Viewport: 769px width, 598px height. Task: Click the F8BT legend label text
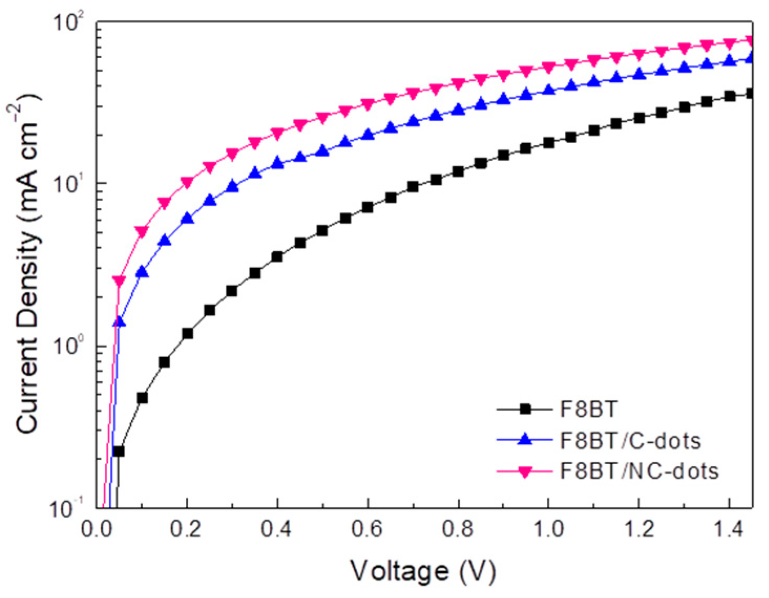click(x=588, y=409)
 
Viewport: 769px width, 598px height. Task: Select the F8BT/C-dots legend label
click(x=630, y=441)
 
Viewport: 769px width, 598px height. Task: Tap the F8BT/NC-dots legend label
click(x=639, y=471)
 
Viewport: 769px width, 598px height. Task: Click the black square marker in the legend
click(x=524, y=409)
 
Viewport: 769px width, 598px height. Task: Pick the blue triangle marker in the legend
click(x=524, y=440)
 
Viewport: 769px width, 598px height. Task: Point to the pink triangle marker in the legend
click(x=524, y=472)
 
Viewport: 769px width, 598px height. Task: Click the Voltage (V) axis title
click(x=423, y=571)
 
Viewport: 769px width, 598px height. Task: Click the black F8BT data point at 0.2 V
click(x=187, y=333)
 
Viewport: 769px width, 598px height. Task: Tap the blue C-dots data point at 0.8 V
click(x=458, y=110)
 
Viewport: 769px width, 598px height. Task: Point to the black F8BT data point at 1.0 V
click(x=549, y=143)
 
